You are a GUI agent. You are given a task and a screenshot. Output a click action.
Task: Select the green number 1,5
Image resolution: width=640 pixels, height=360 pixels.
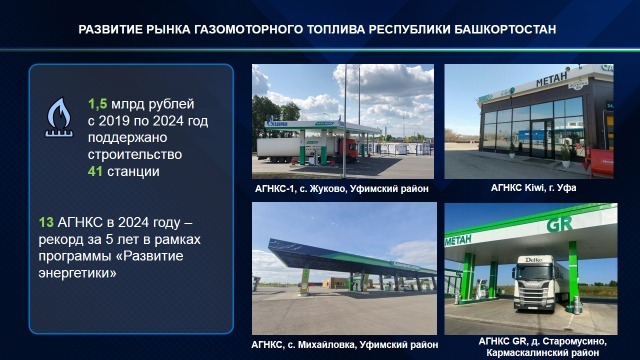tap(97, 104)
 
